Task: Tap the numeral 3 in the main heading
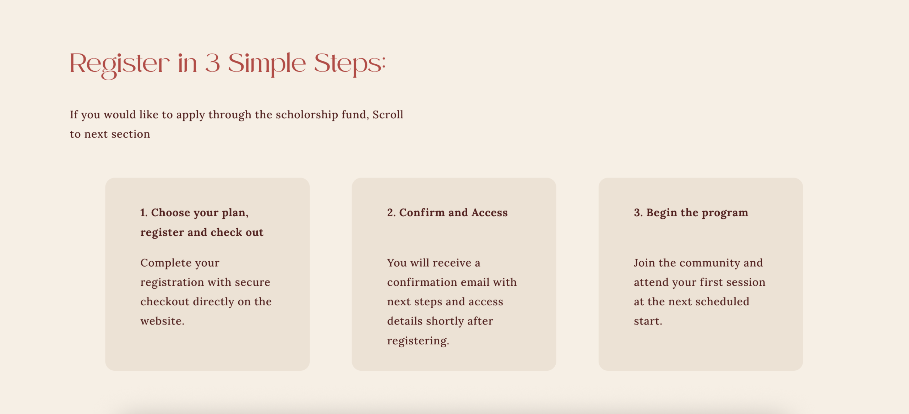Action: coord(213,63)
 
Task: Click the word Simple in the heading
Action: coord(267,64)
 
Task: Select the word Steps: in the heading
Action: coord(350,64)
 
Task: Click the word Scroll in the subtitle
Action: coord(388,114)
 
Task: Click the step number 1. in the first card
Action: coord(144,213)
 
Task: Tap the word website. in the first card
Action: coord(162,321)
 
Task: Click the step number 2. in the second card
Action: coord(391,213)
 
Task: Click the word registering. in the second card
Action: coord(418,341)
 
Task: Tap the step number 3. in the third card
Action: coord(638,213)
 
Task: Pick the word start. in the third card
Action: coord(648,321)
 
